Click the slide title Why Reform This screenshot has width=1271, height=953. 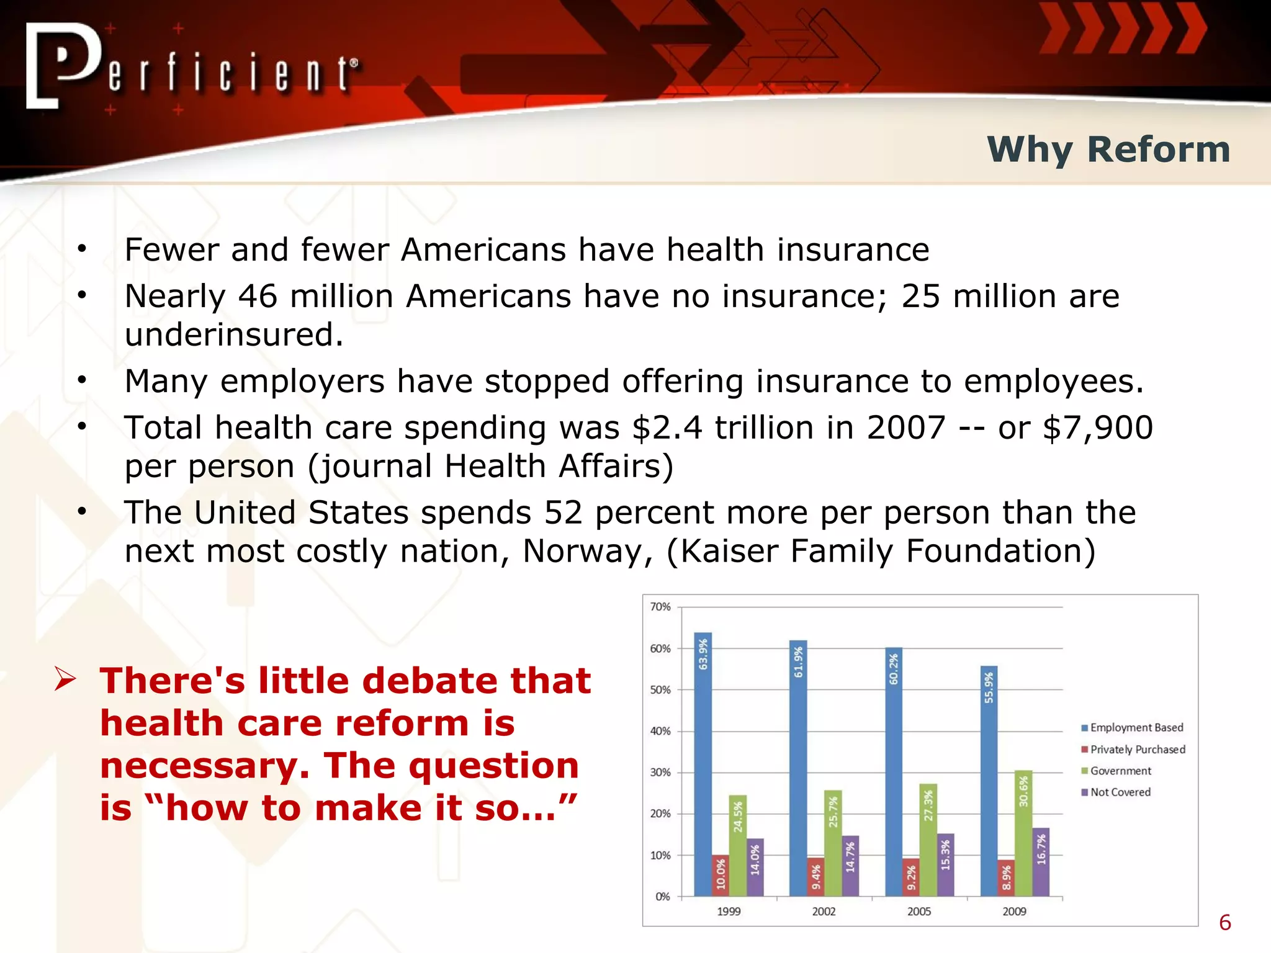tap(1108, 150)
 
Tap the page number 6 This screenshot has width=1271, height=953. tap(1224, 923)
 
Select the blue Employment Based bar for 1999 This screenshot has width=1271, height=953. tap(703, 763)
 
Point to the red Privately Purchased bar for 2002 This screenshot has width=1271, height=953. tap(815, 876)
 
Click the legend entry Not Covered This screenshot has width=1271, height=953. tap(1120, 792)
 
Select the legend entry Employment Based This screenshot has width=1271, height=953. tap(1136, 728)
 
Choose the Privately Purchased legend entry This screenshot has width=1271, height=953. tap(1137, 749)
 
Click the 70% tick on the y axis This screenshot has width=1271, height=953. tap(660, 607)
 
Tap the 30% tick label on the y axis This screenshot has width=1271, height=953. tap(660, 772)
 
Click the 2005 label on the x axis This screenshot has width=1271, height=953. tap(919, 911)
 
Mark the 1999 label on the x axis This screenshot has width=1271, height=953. tap(729, 911)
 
